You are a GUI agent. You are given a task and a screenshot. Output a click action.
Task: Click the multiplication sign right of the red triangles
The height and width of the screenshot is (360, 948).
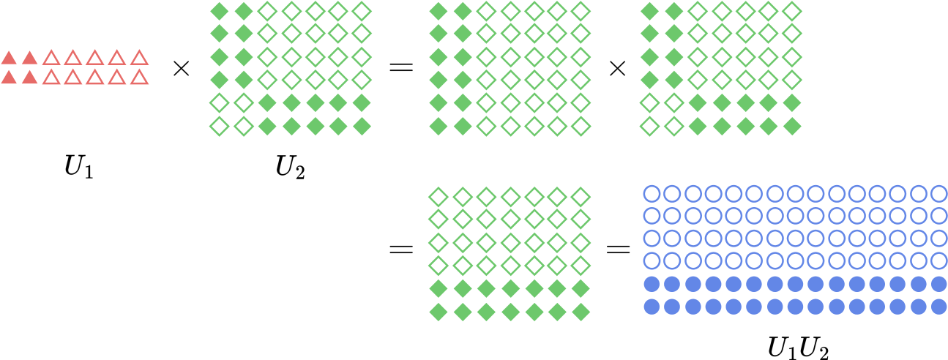181,67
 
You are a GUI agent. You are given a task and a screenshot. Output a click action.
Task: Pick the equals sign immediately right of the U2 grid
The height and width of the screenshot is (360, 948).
401,67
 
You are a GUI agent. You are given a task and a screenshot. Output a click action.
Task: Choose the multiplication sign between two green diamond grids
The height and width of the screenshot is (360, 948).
617,67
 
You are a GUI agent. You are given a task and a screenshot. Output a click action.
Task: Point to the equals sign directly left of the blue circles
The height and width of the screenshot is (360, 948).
618,250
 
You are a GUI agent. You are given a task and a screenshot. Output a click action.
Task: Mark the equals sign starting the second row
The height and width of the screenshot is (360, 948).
401,250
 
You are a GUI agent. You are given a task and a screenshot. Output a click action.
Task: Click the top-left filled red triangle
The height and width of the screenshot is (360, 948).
9,57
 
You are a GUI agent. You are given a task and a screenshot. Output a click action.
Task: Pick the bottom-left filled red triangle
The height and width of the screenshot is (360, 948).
9,77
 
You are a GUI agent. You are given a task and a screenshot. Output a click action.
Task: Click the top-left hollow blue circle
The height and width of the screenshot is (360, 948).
652,194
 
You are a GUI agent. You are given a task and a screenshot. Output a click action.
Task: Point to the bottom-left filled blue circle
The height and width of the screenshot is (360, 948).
652,307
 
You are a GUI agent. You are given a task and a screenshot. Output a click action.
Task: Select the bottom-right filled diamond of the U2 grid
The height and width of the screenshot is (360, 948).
362,126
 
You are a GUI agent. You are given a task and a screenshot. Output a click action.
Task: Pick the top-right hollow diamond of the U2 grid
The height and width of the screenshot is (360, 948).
362,11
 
